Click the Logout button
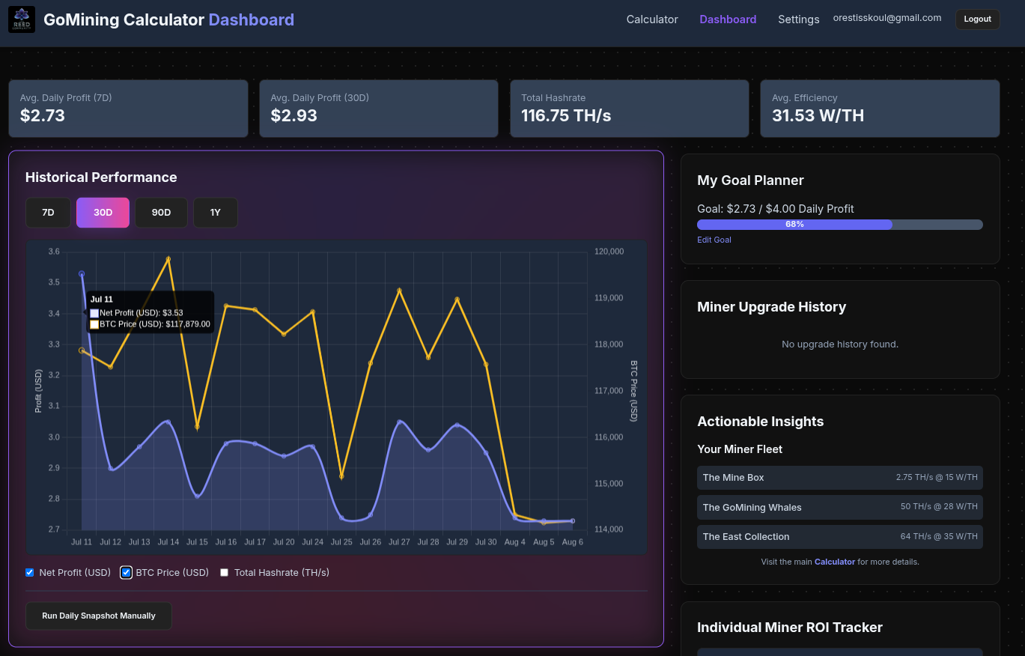(977, 19)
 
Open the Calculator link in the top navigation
(652, 19)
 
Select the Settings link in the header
(798, 19)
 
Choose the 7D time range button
(48, 213)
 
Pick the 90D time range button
(161, 213)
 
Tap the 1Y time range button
(216, 213)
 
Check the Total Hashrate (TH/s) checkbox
(225, 573)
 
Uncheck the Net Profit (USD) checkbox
(30, 573)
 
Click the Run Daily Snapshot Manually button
(99, 616)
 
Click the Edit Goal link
(714, 240)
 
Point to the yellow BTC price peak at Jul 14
(168, 259)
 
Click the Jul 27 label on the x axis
(399, 542)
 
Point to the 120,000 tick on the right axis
(609, 252)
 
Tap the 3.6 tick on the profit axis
(54, 252)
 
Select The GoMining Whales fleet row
(839, 507)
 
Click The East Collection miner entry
(839, 537)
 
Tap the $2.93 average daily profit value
(293, 115)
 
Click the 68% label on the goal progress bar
(794, 225)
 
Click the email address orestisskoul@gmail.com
(886, 18)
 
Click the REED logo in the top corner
(22, 19)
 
